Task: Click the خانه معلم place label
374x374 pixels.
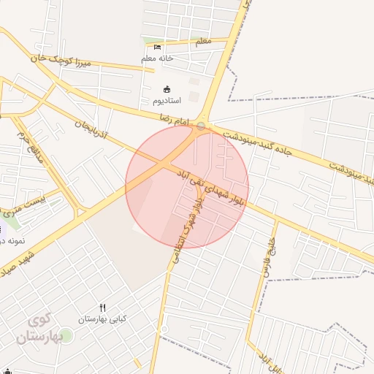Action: pyautogui.click(x=157, y=58)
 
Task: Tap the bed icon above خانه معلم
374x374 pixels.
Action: pyautogui.click(x=157, y=47)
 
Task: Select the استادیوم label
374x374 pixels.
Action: pyautogui.click(x=168, y=99)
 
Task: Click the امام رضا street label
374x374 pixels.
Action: pyautogui.click(x=175, y=118)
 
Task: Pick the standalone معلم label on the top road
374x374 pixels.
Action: pyautogui.click(x=203, y=42)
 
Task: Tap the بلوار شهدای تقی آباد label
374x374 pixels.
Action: pyautogui.click(x=211, y=187)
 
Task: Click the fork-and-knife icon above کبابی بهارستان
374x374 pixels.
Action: pyautogui.click(x=103, y=308)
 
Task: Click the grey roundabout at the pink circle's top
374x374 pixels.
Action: pyautogui.click(x=202, y=126)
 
